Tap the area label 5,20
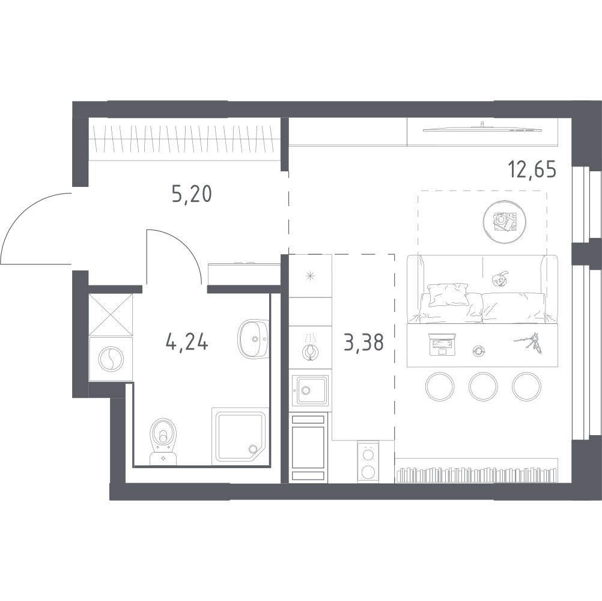(x=192, y=194)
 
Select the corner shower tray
(x=240, y=437)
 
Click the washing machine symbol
(x=111, y=359)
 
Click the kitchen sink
(x=309, y=391)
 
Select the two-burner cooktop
(x=368, y=462)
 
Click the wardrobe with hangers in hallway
(x=184, y=141)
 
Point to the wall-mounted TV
(x=483, y=127)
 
